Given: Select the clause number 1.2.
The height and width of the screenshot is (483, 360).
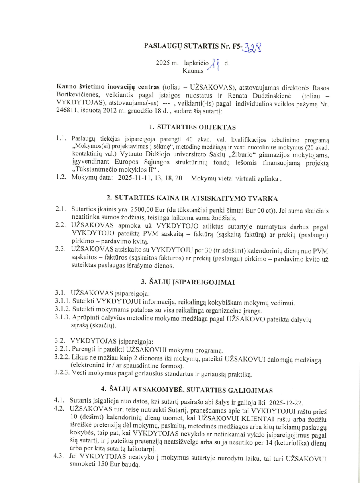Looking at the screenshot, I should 61,179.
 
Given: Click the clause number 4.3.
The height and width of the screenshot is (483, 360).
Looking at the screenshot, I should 60,458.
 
